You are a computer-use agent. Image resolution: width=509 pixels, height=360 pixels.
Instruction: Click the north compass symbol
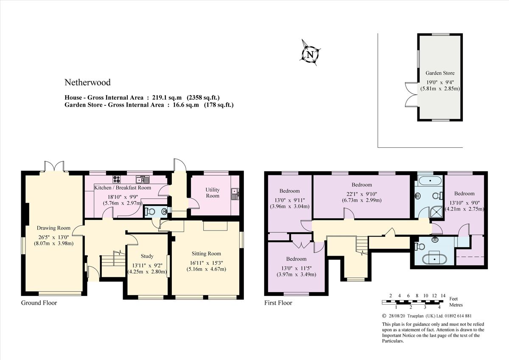(310, 54)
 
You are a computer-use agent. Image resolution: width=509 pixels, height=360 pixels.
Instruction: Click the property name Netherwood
(87, 82)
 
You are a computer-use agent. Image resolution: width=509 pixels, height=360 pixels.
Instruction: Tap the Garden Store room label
(440, 73)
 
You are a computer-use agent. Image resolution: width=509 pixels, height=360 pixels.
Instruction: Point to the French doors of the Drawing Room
(55, 166)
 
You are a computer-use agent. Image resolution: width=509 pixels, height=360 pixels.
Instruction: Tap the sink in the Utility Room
(235, 194)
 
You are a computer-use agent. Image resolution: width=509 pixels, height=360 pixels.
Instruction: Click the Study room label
(147, 256)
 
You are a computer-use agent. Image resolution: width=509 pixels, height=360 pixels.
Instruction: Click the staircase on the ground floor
(113, 263)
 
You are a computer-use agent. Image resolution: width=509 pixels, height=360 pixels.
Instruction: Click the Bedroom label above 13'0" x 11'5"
(296, 259)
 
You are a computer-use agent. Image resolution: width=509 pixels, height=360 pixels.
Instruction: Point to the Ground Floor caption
(39, 303)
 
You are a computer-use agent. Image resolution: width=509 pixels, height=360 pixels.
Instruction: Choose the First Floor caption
(278, 303)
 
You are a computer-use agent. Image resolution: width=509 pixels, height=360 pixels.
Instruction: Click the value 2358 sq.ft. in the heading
(204, 97)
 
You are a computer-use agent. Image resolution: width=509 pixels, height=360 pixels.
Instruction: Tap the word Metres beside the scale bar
(456, 305)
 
